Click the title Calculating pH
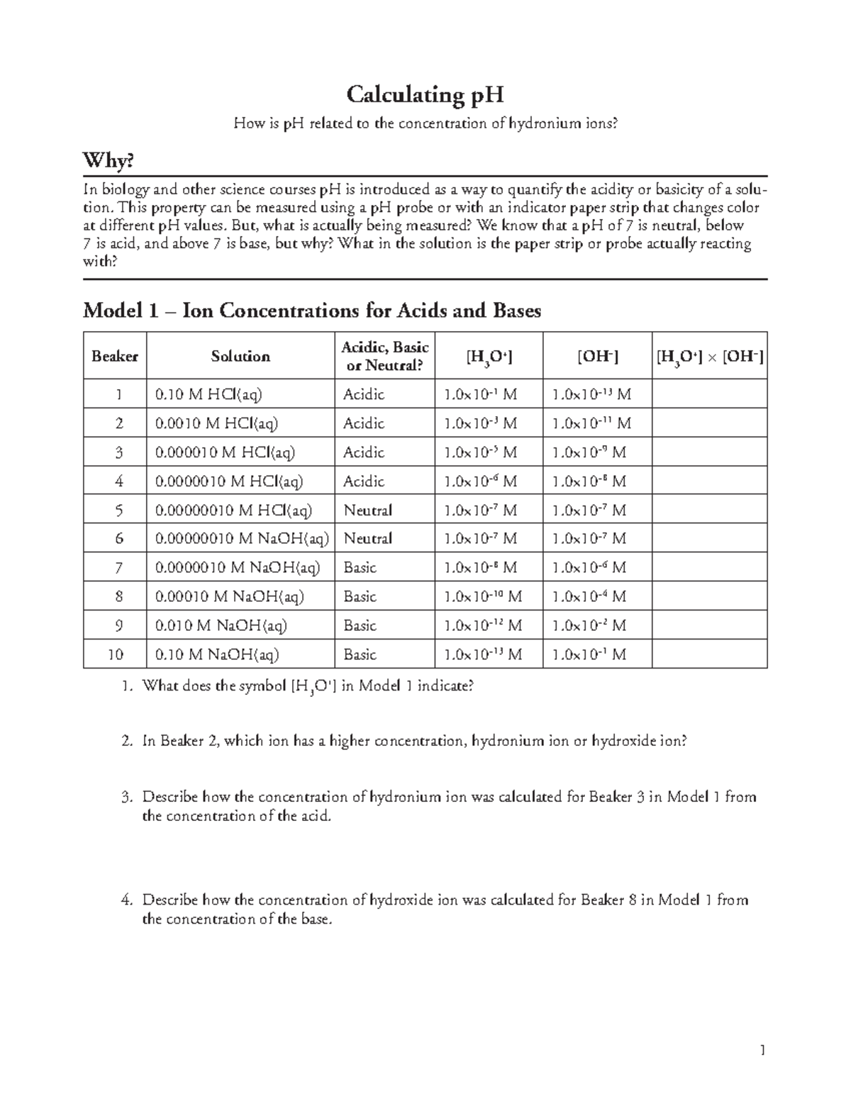pyautogui.click(x=425, y=94)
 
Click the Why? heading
pyautogui.click(x=108, y=162)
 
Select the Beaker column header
pyautogui.click(x=114, y=356)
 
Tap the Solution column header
pyautogui.click(x=240, y=356)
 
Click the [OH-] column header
pyautogui.click(x=597, y=356)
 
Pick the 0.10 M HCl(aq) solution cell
pyautogui.click(x=203, y=394)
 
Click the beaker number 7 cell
pyautogui.click(x=118, y=568)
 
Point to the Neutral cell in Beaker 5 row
pyautogui.click(x=367, y=510)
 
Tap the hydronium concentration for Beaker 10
pyautogui.click(x=482, y=654)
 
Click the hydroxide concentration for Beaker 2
pyautogui.click(x=591, y=423)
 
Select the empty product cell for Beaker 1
pyautogui.click(x=708, y=394)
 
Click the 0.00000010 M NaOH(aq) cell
pyautogui.click(x=242, y=539)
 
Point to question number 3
pyautogui.click(x=127, y=797)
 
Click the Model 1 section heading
pyautogui.click(x=312, y=311)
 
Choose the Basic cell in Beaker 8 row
pyautogui.click(x=360, y=597)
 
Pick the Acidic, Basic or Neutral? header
pyautogui.click(x=385, y=356)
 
